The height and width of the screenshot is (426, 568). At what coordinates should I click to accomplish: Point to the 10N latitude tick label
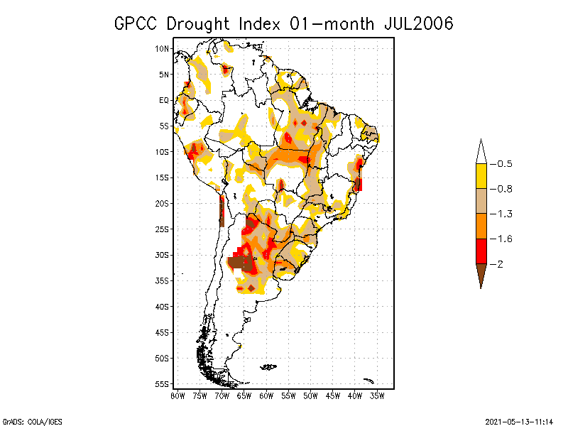click(x=162, y=48)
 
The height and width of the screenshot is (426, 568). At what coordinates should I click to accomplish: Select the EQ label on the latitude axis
click(x=164, y=100)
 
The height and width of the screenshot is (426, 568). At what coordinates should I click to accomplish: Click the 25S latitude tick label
click(x=162, y=229)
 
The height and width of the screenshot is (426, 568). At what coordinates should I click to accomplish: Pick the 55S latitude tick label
click(x=162, y=383)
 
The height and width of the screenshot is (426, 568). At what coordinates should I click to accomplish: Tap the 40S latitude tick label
click(x=162, y=306)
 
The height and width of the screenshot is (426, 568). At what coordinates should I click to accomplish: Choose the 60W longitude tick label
click(x=266, y=396)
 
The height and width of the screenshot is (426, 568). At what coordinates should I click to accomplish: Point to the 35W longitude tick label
click(x=378, y=396)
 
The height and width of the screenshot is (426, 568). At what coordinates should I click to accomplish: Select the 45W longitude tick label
click(x=333, y=396)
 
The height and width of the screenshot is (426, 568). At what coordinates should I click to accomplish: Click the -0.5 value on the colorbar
click(x=504, y=164)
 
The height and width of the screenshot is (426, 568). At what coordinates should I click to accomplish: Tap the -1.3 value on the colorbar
click(x=504, y=214)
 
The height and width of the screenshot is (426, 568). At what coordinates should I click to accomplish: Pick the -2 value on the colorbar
click(x=501, y=264)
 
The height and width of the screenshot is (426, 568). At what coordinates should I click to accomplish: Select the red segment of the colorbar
click(x=481, y=251)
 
